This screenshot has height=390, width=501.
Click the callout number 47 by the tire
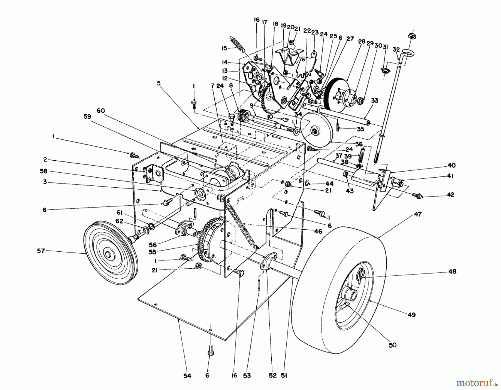pos(418,214)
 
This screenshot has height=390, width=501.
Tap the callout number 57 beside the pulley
pos(41,251)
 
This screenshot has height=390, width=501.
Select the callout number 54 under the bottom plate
pos(187,376)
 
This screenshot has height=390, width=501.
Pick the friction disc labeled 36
pos(317,127)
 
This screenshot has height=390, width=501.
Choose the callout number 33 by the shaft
pos(375,100)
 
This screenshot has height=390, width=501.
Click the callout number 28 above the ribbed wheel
pos(362,42)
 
